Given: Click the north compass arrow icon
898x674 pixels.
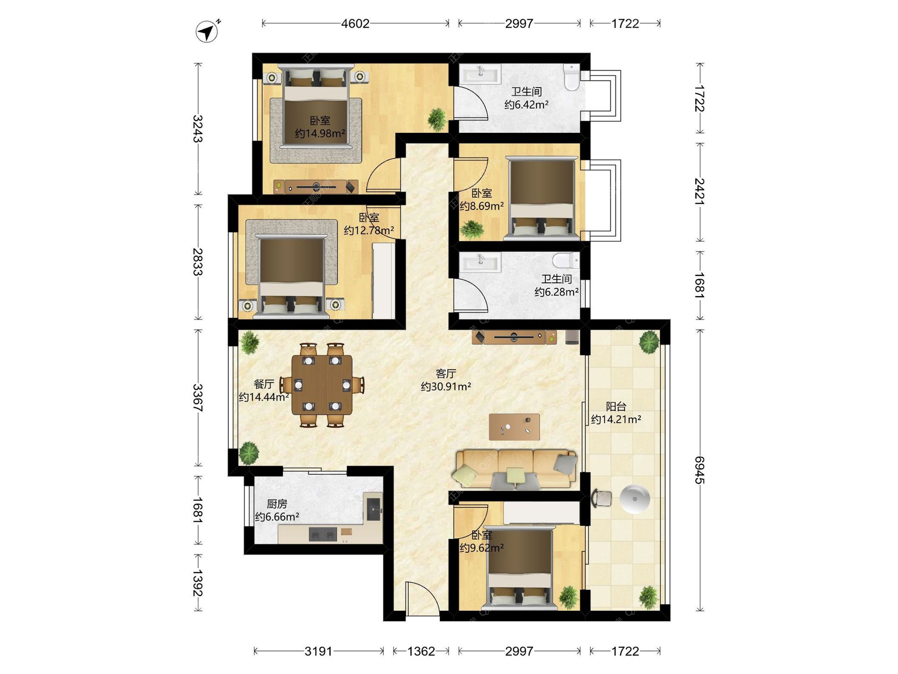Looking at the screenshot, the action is point(207,32).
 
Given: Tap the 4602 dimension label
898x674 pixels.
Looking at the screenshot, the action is point(355,23).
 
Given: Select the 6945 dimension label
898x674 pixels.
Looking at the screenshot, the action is point(700,470).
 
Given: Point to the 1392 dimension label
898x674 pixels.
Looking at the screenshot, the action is point(198,583).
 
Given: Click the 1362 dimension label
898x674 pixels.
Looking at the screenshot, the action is point(421,651).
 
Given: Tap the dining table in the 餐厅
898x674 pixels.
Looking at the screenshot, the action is point(322,385).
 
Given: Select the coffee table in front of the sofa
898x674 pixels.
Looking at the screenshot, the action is point(514,427).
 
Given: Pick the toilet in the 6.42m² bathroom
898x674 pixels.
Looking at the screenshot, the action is point(571,77).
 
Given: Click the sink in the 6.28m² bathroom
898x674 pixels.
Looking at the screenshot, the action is point(480,262).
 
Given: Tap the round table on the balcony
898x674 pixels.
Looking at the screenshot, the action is point(635,499).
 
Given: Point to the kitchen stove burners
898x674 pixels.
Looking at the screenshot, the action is point(323,534).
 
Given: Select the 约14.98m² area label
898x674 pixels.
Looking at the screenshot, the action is point(320,133).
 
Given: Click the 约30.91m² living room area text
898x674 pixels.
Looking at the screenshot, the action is point(446,387).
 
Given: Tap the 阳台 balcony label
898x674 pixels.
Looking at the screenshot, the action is point(616,406).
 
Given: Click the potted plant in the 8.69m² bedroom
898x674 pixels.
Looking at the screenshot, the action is point(472,229).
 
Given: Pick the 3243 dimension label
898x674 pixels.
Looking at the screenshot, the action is point(198,129).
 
